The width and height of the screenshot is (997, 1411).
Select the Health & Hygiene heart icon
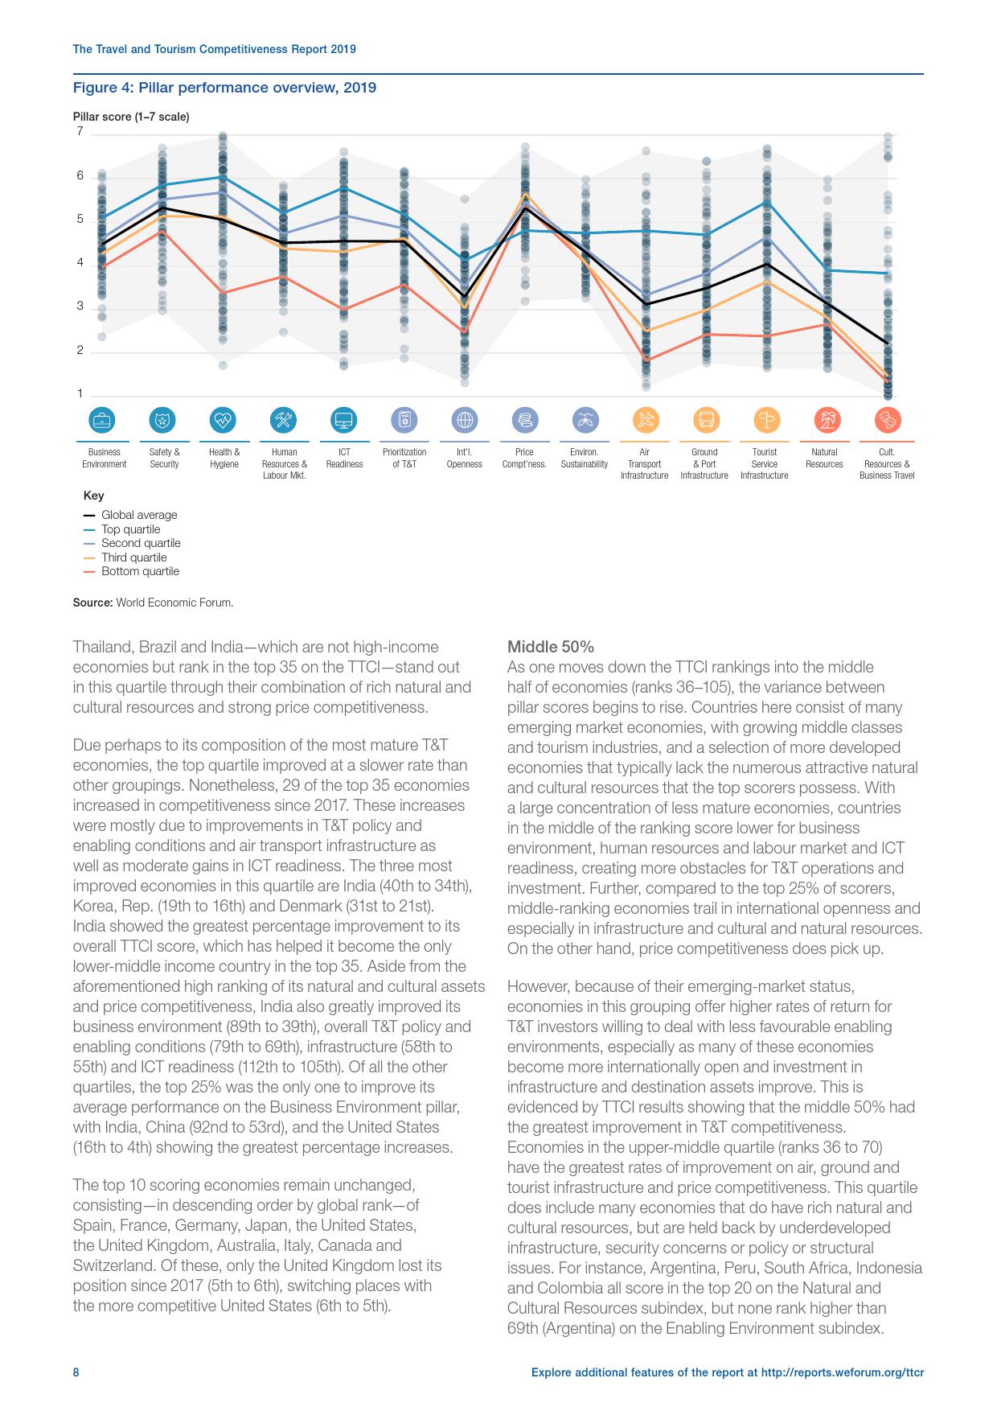[x=224, y=420]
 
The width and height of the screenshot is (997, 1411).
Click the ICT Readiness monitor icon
[x=344, y=420]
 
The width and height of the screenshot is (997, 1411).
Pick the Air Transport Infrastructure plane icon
[x=644, y=420]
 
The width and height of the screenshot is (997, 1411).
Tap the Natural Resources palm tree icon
[x=825, y=420]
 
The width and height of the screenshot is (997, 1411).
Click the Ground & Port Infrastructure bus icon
[x=704, y=420]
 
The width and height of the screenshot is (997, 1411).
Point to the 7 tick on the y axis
[x=80, y=131]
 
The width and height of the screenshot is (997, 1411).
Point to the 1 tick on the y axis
[x=80, y=393]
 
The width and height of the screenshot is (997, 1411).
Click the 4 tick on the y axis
[x=80, y=262]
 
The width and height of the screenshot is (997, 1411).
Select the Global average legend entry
[x=138, y=515]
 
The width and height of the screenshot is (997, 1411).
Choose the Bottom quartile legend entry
[x=139, y=571]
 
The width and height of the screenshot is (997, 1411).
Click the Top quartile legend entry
[x=130, y=529]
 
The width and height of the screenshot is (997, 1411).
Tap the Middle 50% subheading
[x=550, y=647]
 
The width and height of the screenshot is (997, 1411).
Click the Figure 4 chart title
[x=224, y=88]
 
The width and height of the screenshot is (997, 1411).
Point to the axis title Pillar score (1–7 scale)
[x=131, y=117]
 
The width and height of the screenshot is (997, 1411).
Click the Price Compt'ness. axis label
[x=524, y=458]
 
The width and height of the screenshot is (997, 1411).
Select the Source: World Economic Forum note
[x=153, y=602]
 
